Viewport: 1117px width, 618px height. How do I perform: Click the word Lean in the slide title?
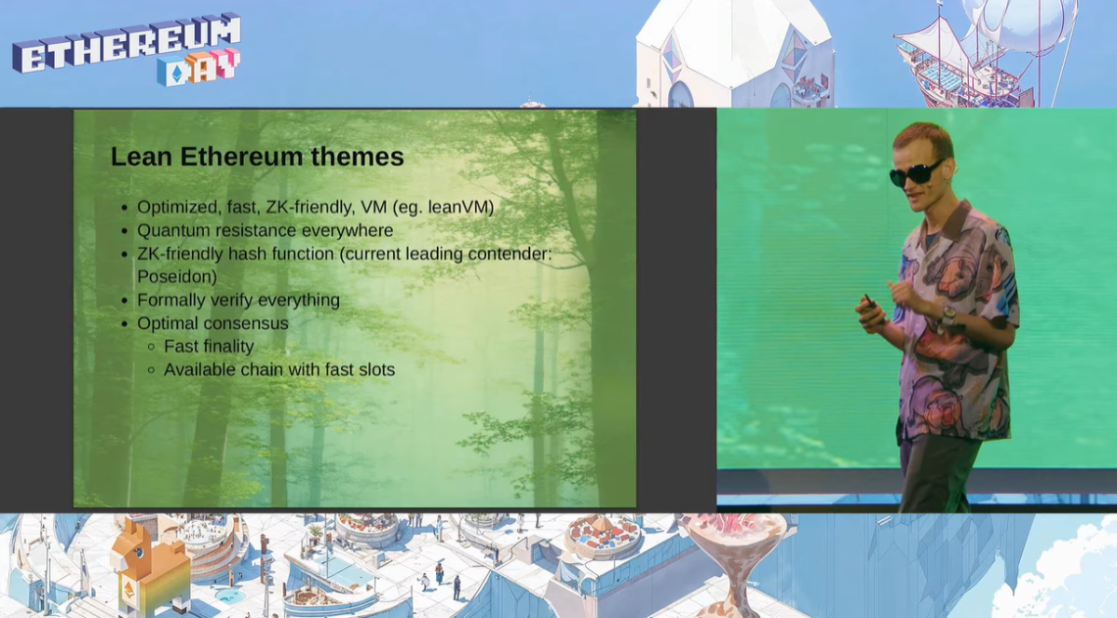coord(141,156)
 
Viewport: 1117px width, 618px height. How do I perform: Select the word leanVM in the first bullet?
coord(461,208)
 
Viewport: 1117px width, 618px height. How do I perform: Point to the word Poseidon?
coord(177,277)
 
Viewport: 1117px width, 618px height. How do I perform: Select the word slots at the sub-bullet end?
coord(377,369)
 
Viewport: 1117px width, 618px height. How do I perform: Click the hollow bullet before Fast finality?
coord(151,347)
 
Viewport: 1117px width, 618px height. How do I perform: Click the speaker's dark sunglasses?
coord(916,172)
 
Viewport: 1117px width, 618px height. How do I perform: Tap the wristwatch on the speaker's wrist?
coord(948,313)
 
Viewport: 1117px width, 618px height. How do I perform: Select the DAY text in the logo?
coord(198,68)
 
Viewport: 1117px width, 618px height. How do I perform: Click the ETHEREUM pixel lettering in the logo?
coord(126,43)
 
